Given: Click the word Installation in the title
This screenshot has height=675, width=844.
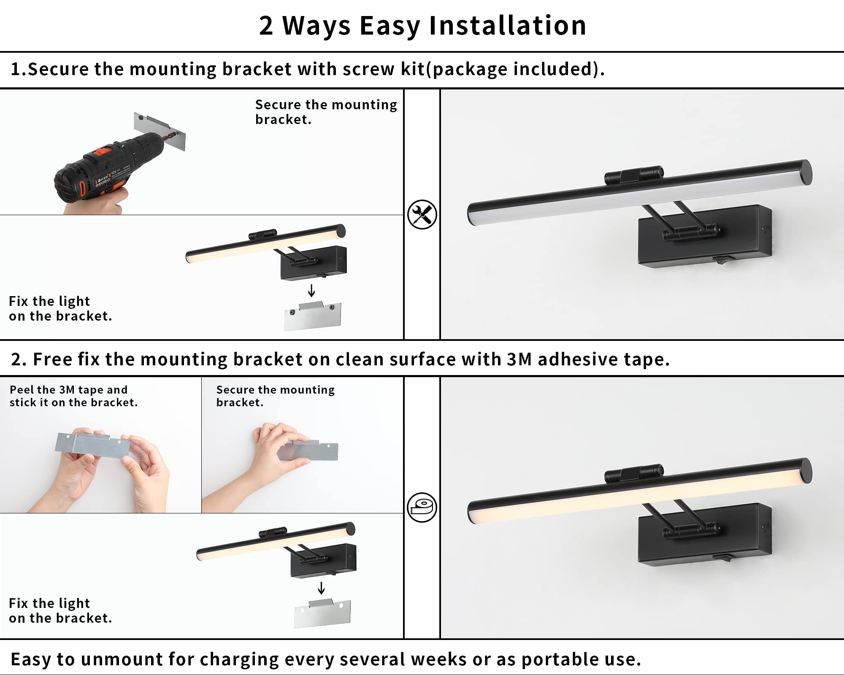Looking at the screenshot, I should (x=508, y=26).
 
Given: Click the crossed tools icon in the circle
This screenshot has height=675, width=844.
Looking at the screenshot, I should (x=422, y=215).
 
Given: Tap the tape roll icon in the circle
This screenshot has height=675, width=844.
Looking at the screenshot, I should (x=422, y=508).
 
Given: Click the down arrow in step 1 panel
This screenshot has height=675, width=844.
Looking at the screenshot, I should (x=311, y=291).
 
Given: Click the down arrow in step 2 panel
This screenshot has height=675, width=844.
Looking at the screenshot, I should (x=321, y=588).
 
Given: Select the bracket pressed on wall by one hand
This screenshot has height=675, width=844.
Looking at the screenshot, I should (x=310, y=451).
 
